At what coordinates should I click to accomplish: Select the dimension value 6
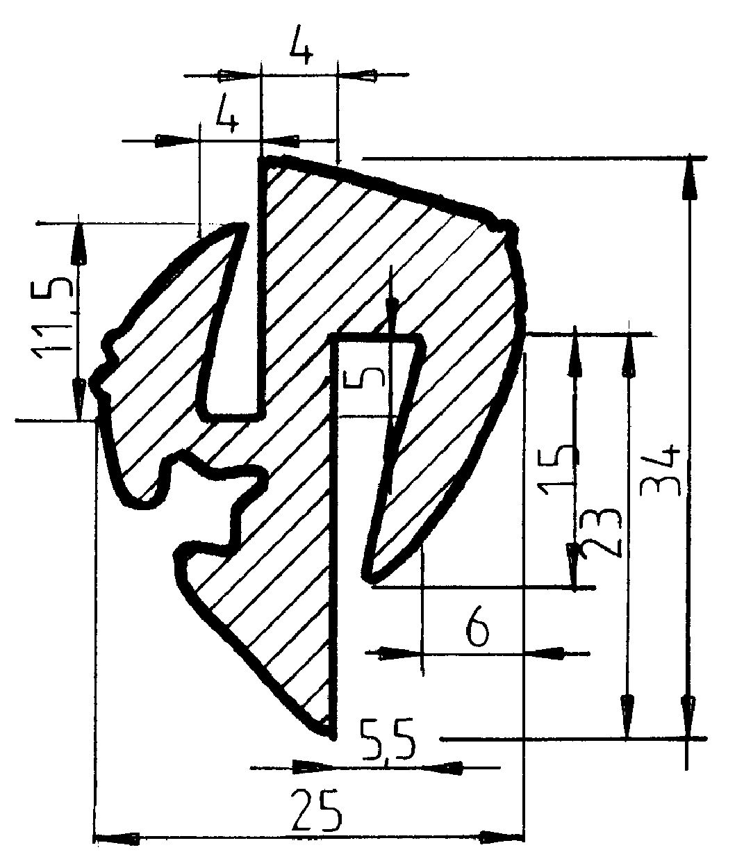(x=477, y=630)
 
